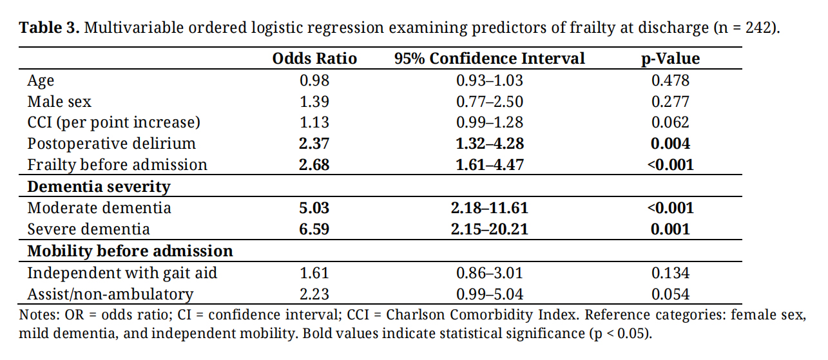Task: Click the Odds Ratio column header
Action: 314,59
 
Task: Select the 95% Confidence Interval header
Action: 490,59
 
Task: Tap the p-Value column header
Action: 670,59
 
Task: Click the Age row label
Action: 41,81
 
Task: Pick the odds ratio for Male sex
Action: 314,102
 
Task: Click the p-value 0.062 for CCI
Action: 670,122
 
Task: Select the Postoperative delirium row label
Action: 111,144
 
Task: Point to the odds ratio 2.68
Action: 314,165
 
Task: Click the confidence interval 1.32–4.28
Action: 490,144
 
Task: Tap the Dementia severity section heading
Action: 99,187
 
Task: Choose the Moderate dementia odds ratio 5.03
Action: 314,208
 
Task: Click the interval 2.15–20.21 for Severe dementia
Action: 490,229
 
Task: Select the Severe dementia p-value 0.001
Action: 670,229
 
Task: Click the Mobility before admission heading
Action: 130,251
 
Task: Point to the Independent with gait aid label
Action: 122,273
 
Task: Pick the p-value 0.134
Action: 670,273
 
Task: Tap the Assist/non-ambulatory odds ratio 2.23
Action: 314,294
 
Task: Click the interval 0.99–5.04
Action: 490,294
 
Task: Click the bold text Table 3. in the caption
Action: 49,28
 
